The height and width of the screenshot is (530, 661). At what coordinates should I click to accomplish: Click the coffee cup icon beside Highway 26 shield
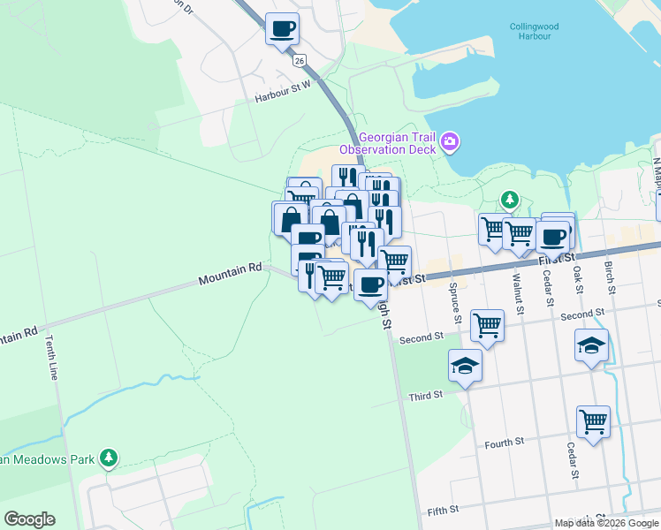(282, 29)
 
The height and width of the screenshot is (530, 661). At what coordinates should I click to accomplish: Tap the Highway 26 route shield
(300, 59)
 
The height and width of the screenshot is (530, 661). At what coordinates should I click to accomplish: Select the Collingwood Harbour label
(530, 31)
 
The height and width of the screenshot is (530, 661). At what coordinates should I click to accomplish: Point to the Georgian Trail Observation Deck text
(397, 143)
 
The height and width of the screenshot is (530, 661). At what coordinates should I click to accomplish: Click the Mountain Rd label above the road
(230, 273)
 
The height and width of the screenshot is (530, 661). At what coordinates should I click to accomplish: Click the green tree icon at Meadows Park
(108, 458)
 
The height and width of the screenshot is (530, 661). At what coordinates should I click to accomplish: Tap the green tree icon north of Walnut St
(509, 201)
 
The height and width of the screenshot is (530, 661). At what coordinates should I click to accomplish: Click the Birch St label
(610, 276)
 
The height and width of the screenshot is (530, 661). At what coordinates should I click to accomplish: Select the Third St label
(425, 397)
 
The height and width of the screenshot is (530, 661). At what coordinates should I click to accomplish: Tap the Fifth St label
(443, 511)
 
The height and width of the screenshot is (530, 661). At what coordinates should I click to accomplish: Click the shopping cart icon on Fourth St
(593, 420)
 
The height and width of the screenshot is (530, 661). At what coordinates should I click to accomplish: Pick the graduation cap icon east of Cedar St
(591, 344)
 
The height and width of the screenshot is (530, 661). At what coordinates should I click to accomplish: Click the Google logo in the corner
(29, 519)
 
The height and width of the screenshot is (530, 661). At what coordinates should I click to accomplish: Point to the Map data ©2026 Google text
(605, 523)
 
